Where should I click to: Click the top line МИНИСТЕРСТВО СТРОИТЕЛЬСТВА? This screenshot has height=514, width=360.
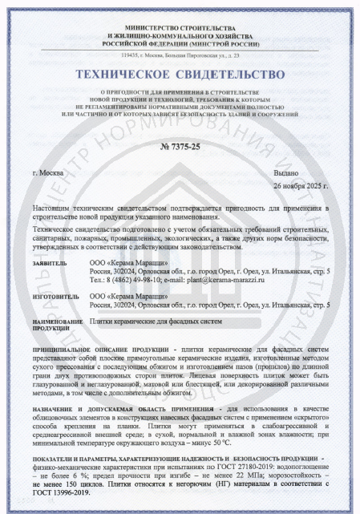tap(180, 25)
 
